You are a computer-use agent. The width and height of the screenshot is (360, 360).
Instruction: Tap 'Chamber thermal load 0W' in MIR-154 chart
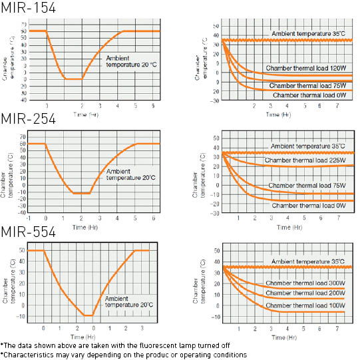pos(309,95)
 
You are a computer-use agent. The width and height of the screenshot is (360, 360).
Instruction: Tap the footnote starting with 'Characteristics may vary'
pos(122,355)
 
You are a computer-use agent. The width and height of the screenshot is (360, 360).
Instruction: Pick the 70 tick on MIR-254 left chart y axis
pos(21,136)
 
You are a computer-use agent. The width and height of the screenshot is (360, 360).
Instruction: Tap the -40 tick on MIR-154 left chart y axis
pos(23,100)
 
